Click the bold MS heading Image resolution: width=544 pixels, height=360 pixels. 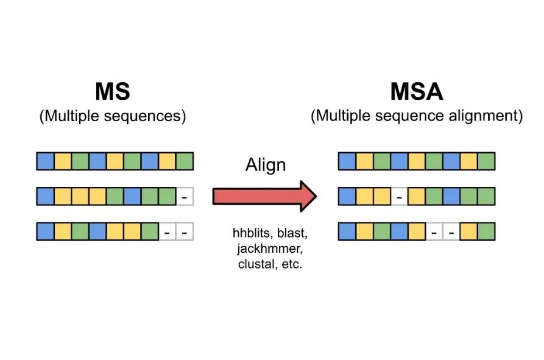(x=113, y=91)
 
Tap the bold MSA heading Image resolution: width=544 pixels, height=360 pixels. (x=417, y=91)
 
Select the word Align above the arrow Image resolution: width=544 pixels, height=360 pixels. (x=266, y=165)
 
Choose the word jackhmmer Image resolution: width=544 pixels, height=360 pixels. (x=266, y=250)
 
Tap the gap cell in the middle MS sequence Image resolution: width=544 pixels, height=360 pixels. (x=185, y=197)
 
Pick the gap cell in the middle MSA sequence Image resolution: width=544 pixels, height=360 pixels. (x=399, y=197)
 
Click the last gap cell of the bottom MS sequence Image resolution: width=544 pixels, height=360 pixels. (x=185, y=232)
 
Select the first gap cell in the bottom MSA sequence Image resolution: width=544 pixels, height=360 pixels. (x=434, y=232)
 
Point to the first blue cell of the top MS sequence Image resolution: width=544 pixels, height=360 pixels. (x=45, y=161)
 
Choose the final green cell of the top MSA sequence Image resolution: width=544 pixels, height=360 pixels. (x=486, y=161)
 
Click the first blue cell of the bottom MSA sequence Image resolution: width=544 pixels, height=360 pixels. (x=347, y=232)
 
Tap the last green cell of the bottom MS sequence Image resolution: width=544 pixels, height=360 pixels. (x=150, y=232)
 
